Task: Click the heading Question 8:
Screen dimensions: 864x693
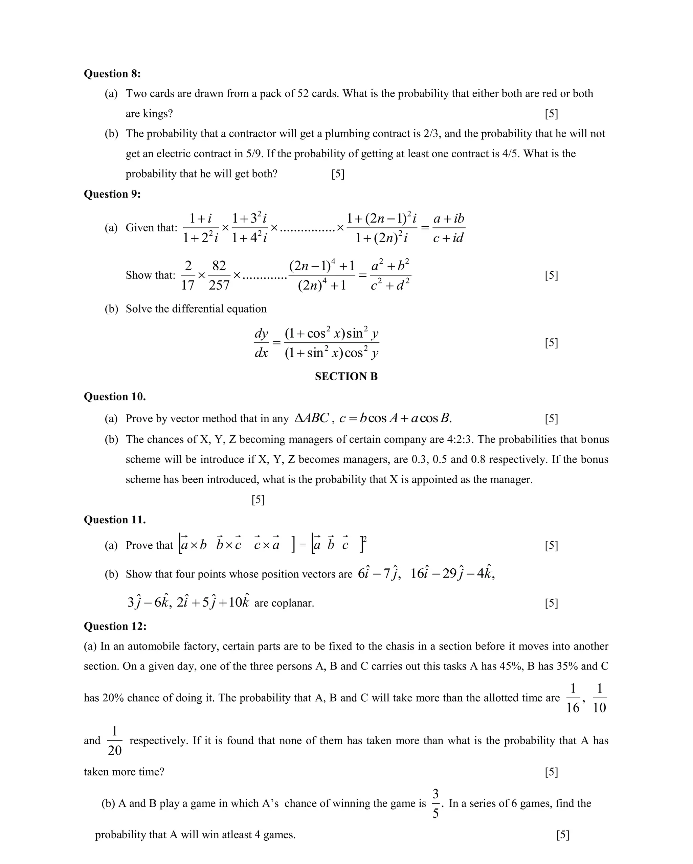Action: click(x=112, y=74)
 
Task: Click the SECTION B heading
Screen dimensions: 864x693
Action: click(x=346, y=376)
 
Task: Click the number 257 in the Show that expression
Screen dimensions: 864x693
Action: click(x=219, y=285)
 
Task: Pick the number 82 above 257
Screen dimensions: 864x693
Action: click(x=219, y=266)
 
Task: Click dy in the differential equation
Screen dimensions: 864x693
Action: click(x=261, y=333)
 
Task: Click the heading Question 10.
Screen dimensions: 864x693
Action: click(x=115, y=397)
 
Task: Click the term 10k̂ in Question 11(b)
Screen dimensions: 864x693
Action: click(x=239, y=602)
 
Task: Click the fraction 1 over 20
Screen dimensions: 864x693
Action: click(x=115, y=741)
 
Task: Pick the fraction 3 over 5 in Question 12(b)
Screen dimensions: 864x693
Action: click(x=436, y=803)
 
